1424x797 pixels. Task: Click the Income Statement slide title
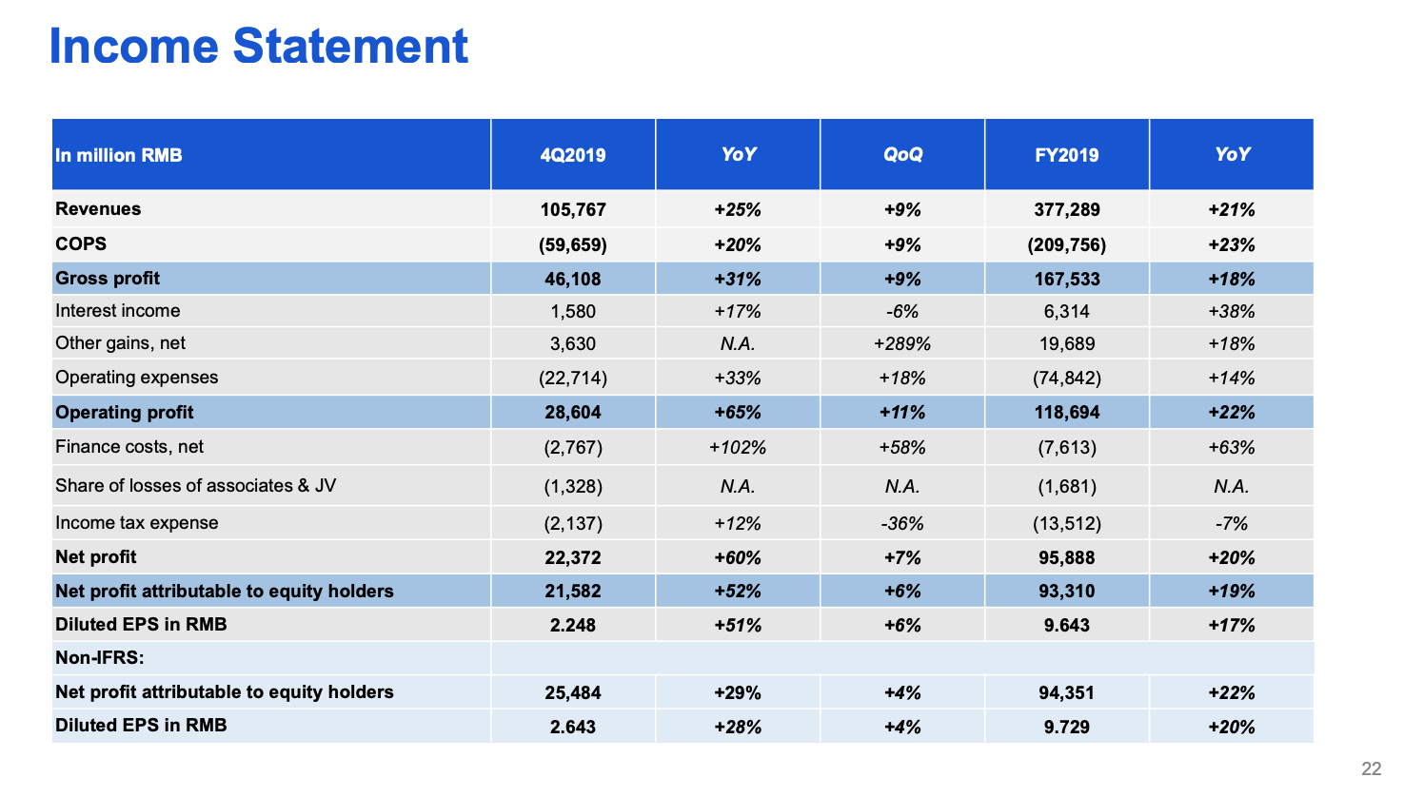tap(258, 46)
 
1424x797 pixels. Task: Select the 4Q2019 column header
tap(572, 155)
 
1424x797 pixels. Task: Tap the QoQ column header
tap(902, 155)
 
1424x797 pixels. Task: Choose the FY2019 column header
tap(1066, 155)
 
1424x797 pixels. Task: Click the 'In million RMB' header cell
tap(119, 155)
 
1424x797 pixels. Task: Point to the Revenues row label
tap(98, 209)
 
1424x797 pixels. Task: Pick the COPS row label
tap(81, 243)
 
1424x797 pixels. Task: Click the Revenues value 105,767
tap(572, 210)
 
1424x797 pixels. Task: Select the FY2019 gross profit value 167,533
tap(1066, 279)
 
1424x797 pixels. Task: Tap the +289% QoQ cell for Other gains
tap(902, 343)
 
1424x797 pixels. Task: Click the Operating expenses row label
tap(136, 378)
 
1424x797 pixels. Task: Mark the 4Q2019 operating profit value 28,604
tap(572, 413)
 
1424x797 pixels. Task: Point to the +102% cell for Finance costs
tap(738, 447)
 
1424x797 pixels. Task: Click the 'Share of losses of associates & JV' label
tap(195, 486)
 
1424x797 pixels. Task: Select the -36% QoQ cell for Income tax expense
tap(902, 523)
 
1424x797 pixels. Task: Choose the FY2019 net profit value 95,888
tap(1066, 557)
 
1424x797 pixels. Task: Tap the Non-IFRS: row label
tap(100, 658)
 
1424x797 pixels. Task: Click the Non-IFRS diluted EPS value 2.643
tap(572, 727)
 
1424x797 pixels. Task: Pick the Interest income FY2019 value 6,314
tap(1066, 311)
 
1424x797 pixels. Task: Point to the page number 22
tap(1371, 768)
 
